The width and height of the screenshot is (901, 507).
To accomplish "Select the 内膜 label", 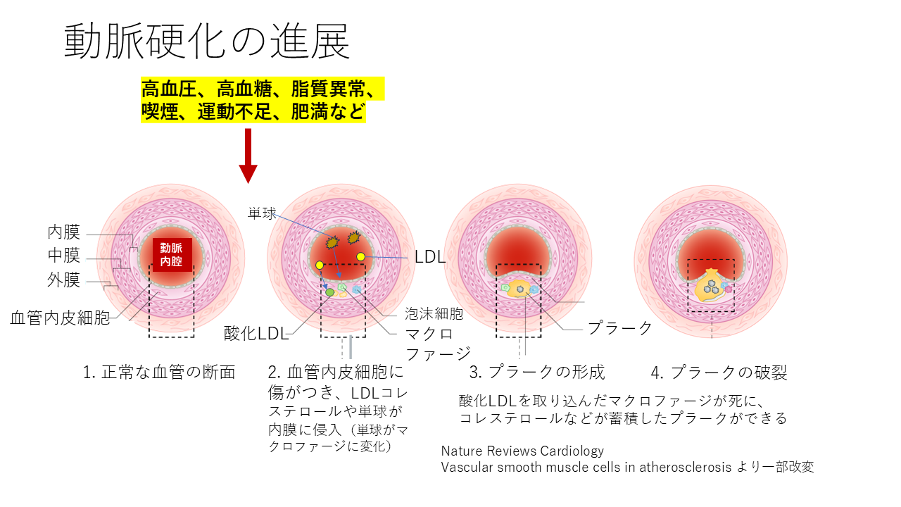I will (x=64, y=232).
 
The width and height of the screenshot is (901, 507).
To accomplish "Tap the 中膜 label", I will (x=64, y=256).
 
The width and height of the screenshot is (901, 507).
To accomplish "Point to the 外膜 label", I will (x=64, y=280).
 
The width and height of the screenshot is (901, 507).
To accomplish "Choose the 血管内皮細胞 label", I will (x=60, y=318).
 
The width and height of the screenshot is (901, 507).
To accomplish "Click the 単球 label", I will (x=262, y=213).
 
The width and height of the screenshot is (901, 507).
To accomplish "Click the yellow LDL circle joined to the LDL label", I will (x=361, y=257).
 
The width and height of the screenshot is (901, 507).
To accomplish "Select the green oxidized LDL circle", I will (x=329, y=292).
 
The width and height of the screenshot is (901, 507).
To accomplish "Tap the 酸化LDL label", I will (x=256, y=333).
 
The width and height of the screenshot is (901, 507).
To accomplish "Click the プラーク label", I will (x=620, y=327).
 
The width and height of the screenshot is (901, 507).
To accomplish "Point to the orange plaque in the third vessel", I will (x=520, y=289).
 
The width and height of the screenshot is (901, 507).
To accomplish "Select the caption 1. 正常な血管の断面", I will (x=158, y=373).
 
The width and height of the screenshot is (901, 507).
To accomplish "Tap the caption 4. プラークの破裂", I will (x=719, y=373).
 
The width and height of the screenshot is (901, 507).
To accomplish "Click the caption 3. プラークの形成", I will (x=537, y=373).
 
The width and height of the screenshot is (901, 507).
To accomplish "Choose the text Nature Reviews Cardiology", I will (x=522, y=451).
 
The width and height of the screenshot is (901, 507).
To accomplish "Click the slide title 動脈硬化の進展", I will (x=207, y=42).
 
